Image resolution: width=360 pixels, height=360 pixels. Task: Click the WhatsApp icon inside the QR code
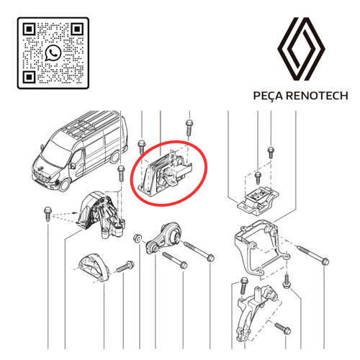[53, 53]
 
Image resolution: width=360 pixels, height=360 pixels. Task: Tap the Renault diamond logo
[301, 49]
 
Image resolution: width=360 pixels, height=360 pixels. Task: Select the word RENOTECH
[317, 96]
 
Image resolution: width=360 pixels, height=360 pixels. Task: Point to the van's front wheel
[64, 185]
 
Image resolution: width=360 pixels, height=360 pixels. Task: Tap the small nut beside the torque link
[138, 238]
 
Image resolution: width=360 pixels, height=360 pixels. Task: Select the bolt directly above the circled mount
[189, 128]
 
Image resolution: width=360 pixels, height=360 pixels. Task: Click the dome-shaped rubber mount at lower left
[94, 268]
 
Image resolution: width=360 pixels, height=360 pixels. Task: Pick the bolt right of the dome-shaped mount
[125, 267]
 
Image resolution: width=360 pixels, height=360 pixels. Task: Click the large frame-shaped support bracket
[261, 247]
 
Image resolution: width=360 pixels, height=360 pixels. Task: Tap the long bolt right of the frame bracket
[313, 255]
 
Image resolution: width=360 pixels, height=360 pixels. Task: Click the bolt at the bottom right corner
[283, 328]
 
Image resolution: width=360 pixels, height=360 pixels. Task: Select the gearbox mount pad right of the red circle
[258, 202]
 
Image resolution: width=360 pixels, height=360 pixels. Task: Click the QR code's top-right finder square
[77, 30]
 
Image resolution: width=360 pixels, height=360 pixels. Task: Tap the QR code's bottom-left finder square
[30, 77]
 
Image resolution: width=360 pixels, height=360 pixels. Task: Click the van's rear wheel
[116, 157]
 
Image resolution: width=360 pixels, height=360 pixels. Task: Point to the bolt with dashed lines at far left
[47, 214]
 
